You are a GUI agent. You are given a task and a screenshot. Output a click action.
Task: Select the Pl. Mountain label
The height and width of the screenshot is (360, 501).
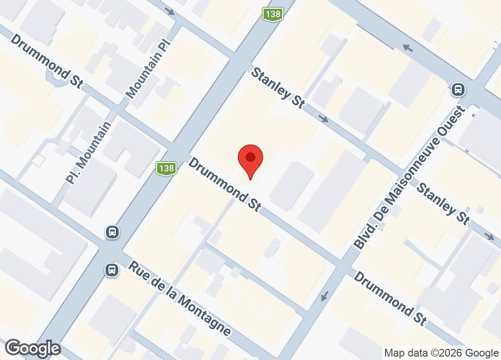point(89,152)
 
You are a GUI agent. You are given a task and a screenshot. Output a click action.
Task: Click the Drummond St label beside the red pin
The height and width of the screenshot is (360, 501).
point(224,184)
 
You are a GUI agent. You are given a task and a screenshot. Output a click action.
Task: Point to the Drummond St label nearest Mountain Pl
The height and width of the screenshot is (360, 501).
point(46,61)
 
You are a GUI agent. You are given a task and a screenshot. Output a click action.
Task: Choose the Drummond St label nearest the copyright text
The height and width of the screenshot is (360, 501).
point(391,298)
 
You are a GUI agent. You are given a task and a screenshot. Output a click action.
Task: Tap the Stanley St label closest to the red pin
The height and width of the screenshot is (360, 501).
point(278,88)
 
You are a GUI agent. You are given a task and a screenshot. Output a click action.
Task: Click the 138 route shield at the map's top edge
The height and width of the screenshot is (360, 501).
point(272,14)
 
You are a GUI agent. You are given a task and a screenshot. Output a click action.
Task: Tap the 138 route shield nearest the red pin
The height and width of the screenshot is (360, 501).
point(166,169)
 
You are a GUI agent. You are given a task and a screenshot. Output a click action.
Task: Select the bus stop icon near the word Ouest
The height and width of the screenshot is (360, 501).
point(458,89)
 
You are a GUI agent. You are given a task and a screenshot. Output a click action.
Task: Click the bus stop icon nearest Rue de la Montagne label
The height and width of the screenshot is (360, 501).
point(112,270)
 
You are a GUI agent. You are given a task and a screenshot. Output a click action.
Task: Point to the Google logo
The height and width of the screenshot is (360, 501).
point(33,348)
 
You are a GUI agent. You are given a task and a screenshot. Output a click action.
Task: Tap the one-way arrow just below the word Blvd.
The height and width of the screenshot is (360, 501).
point(324,295)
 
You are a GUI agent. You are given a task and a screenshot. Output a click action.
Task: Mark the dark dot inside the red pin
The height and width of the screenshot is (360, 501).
point(250,157)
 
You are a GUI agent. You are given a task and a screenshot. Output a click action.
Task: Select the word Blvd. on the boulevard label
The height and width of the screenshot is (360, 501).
point(367,234)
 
